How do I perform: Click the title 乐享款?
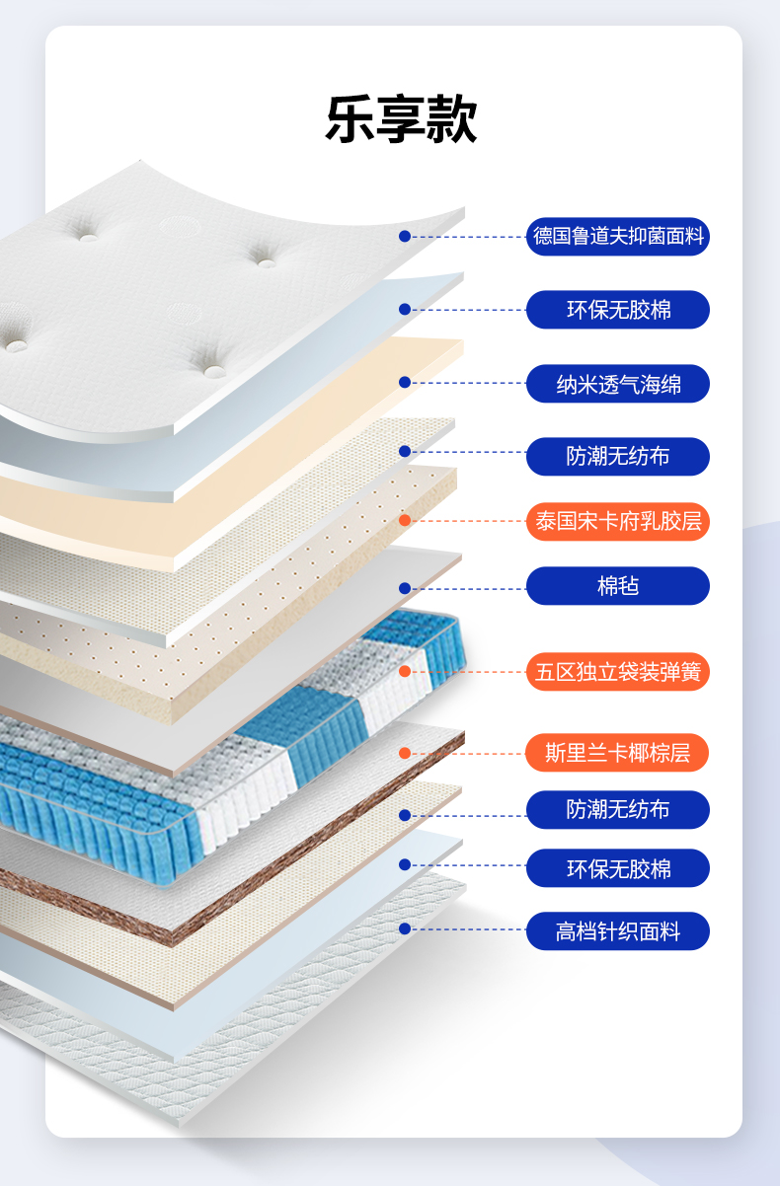coord(401,120)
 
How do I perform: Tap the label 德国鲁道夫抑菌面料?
coord(618,237)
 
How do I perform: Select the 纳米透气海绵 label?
coord(618,384)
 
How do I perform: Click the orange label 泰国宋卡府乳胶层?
coord(618,521)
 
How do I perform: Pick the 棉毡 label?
coord(618,586)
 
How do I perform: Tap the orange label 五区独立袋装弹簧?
coord(618,672)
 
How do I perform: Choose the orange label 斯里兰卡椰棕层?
coord(618,753)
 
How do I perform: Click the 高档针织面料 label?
coord(618,930)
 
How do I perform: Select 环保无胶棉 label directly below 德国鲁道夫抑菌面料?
coord(618,310)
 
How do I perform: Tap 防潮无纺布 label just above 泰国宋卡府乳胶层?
coord(618,456)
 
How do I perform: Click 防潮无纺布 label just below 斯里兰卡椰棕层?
coord(618,810)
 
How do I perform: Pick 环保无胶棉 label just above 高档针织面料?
coord(618,868)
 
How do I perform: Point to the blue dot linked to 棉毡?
coord(405,588)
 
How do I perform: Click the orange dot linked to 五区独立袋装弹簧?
coord(405,672)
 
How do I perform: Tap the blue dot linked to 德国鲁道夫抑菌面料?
coord(405,237)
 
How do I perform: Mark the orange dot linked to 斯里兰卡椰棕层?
coord(405,754)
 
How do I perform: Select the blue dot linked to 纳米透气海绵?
coord(405,383)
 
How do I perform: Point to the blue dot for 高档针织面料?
coord(405,928)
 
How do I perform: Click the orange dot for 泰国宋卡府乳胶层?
coord(405,520)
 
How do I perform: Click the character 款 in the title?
coord(452,120)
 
